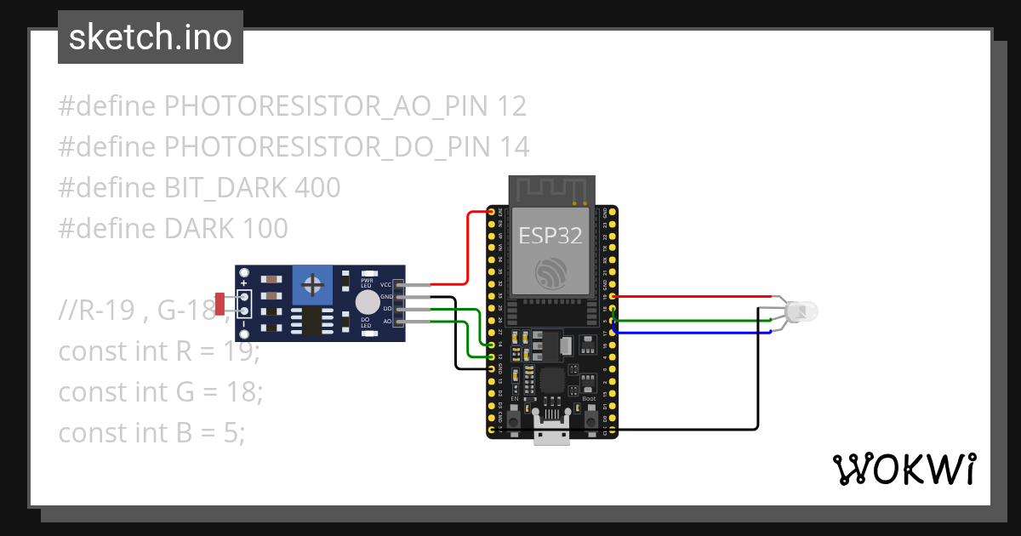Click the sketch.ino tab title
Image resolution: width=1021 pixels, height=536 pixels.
pyautogui.click(x=150, y=37)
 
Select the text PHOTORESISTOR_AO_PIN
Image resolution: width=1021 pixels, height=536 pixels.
pyautogui.click(x=326, y=106)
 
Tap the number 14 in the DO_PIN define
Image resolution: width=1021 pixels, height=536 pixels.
pyautogui.click(x=515, y=147)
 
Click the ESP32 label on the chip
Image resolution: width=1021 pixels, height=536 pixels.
pyautogui.click(x=550, y=235)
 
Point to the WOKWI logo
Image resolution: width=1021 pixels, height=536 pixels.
pyautogui.click(x=903, y=469)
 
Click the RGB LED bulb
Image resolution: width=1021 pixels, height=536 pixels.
pyautogui.click(x=801, y=311)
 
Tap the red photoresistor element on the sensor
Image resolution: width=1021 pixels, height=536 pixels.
pyautogui.click(x=220, y=302)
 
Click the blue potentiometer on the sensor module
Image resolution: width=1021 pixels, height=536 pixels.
pyautogui.click(x=312, y=283)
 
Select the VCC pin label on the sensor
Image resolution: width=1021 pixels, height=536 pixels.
pyautogui.click(x=385, y=284)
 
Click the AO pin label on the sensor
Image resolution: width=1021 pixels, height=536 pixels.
pyautogui.click(x=387, y=322)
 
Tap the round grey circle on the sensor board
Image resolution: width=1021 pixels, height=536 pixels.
pyautogui.click(x=368, y=302)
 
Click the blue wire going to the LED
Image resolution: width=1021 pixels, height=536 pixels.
pyautogui.click(x=689, y=333)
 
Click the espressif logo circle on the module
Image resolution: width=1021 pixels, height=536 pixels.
pyautogui.click(x=550, y=272)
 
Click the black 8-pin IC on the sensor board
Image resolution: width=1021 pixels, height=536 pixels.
pyautogui.click(x=311, y=323)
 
